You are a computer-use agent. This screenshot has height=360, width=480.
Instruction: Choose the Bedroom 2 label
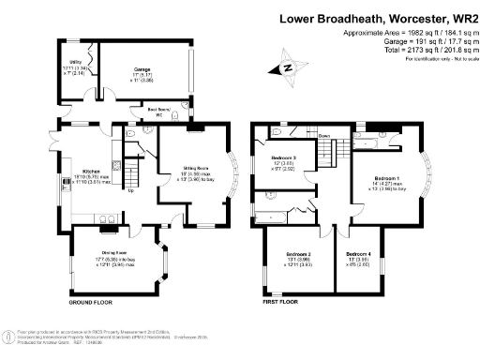[296, 254]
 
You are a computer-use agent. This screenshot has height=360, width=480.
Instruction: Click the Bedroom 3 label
[283, 157]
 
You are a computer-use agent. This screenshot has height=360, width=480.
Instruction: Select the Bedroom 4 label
[357, 254]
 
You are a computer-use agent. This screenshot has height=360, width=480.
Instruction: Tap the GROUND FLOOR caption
[91, 304]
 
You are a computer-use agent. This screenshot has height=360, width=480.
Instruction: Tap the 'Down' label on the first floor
[324, 135]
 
